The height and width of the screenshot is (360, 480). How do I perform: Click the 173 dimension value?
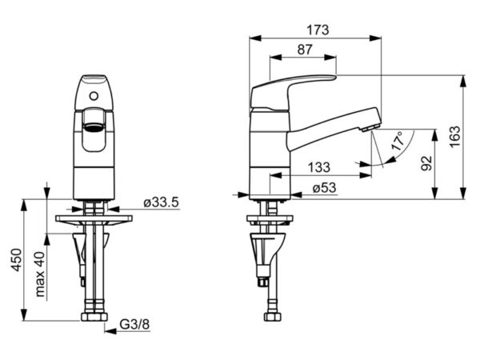(x=318, y=30)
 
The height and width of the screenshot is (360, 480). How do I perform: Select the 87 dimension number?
(x=305, y=50)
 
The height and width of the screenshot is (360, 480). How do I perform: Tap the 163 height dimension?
(x=455, y=137)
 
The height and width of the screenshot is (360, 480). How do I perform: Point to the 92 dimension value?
(x=426, y=163)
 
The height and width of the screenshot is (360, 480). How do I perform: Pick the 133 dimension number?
(x=319, y=167)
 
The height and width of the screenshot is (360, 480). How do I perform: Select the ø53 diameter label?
(x=324, y=188)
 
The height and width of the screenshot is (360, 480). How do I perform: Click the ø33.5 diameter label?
(x=161, y=202)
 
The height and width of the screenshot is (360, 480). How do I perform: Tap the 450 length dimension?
(x=17, y=259)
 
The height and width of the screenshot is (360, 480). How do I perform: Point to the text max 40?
(x=40, y=274)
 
